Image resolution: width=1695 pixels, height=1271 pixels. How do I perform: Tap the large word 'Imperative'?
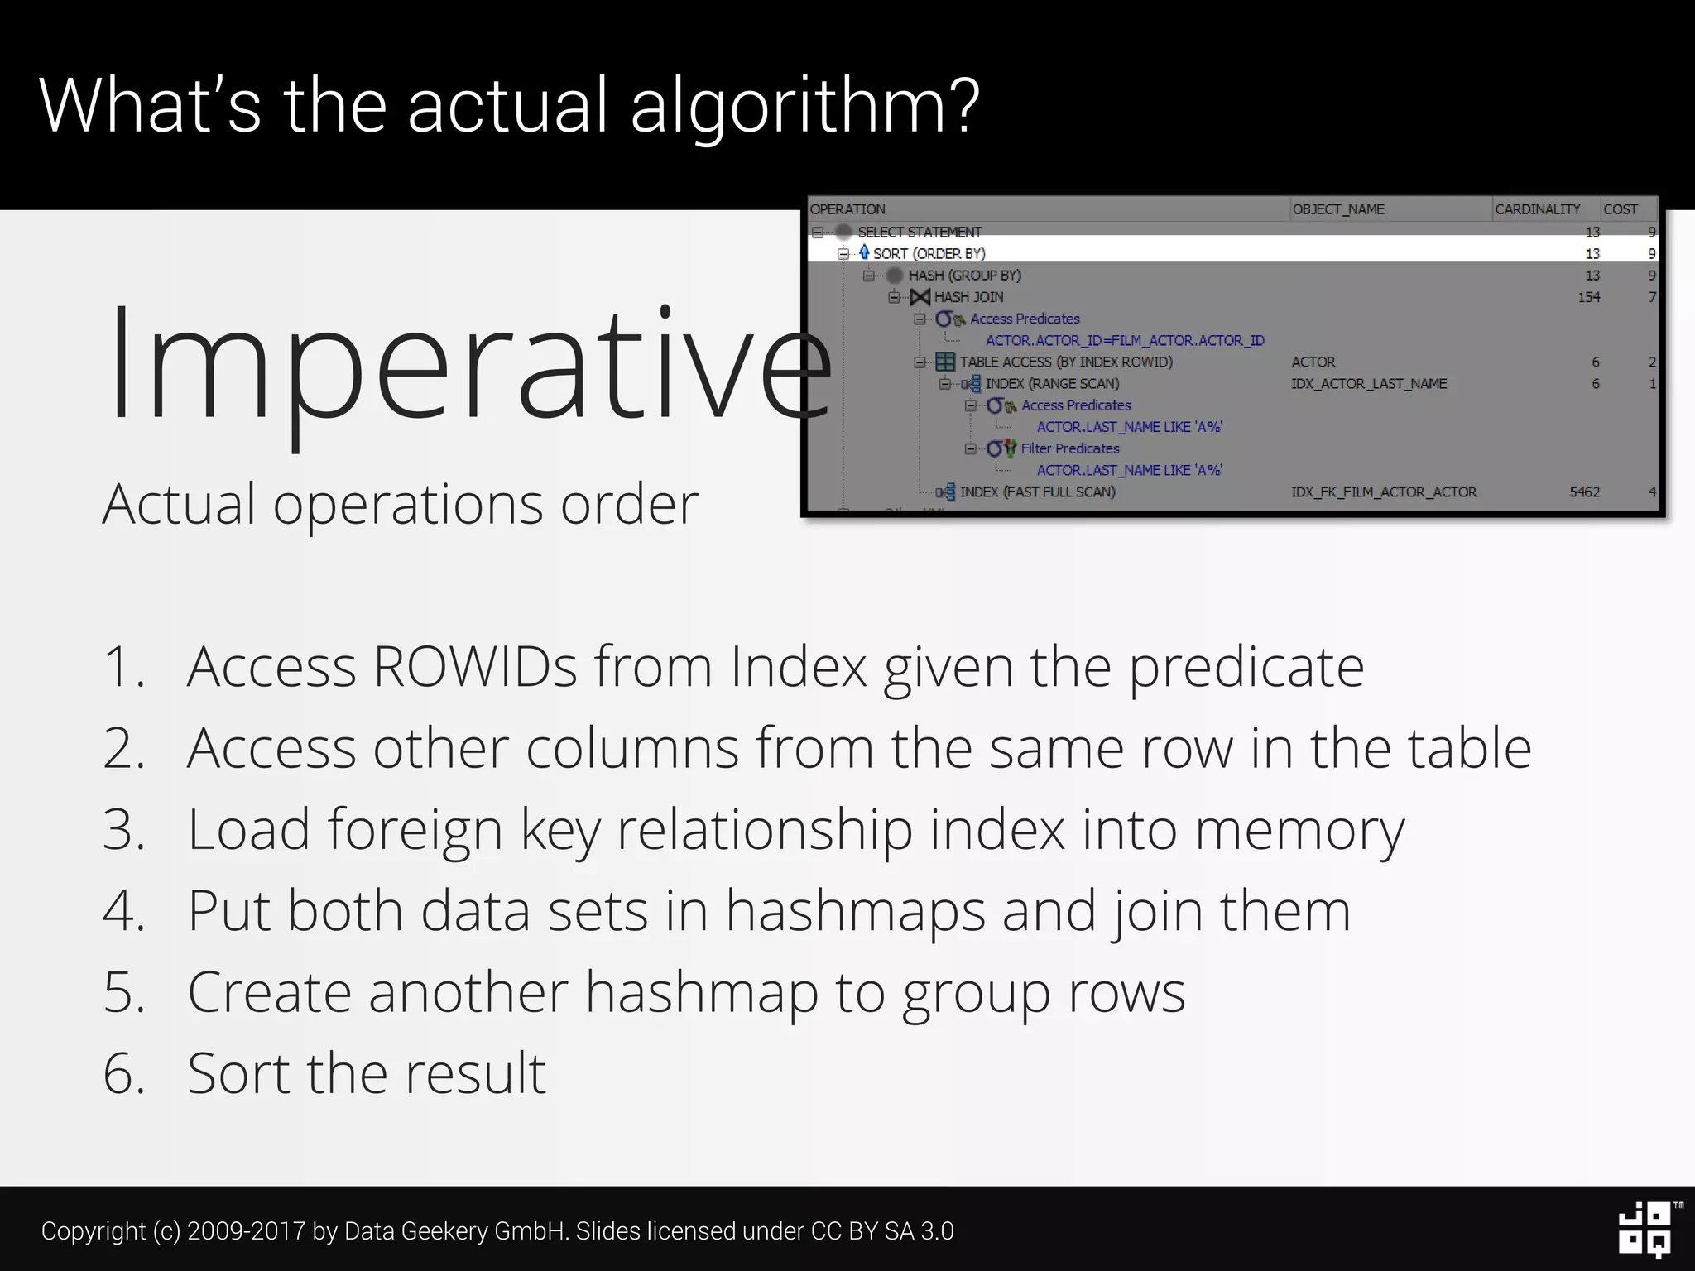[x=468, y=364]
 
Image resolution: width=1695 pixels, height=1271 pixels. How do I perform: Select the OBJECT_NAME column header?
[x=1338, y=209]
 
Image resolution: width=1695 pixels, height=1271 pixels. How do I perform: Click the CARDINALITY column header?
[x=1537, y=209]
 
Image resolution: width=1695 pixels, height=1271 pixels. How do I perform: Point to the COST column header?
[x=1620, y=209]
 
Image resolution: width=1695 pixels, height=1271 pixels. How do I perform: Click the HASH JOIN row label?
[x=968, y=297]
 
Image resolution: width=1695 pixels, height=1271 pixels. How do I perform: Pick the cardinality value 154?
[x=1588, y=297]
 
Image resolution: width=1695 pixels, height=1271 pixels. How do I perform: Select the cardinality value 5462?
[x=1584, y=492]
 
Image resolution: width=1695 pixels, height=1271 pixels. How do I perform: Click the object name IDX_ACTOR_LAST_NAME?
[x=1369, y=384]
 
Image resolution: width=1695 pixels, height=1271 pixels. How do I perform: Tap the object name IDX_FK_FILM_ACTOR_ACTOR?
[x=1383, y=492]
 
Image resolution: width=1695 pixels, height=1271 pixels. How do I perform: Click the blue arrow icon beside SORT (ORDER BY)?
[x=864, y=252]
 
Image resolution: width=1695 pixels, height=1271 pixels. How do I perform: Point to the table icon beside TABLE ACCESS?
[x=944, y=362]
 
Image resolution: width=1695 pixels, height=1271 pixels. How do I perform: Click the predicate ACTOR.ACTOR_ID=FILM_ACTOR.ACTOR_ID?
[x=1124, y=341]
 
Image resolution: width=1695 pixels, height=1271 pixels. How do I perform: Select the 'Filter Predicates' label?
[x=1069, y=448]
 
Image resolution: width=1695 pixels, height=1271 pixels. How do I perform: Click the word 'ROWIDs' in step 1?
[x=474, y=666]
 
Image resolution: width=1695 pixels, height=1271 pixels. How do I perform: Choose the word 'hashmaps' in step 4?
[x=855, y=910]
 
